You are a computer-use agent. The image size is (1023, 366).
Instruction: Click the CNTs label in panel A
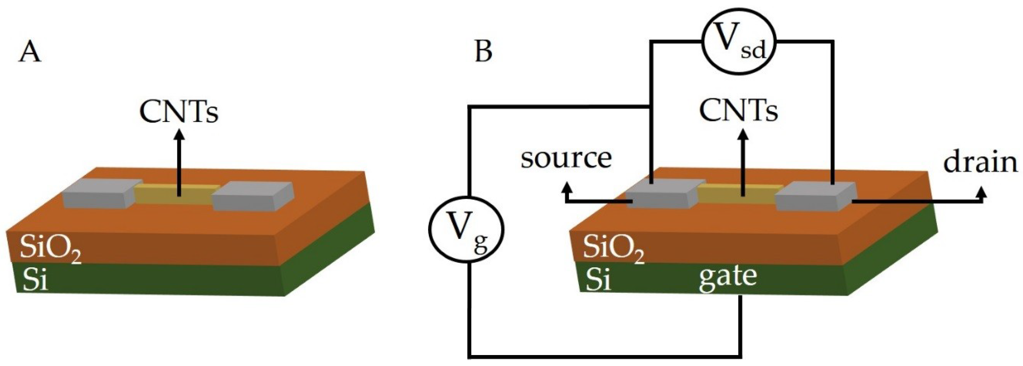click(179, 112)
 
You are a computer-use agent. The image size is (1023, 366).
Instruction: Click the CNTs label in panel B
click(738, 111)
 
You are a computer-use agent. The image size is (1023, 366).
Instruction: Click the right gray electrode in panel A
click(253, 197)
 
